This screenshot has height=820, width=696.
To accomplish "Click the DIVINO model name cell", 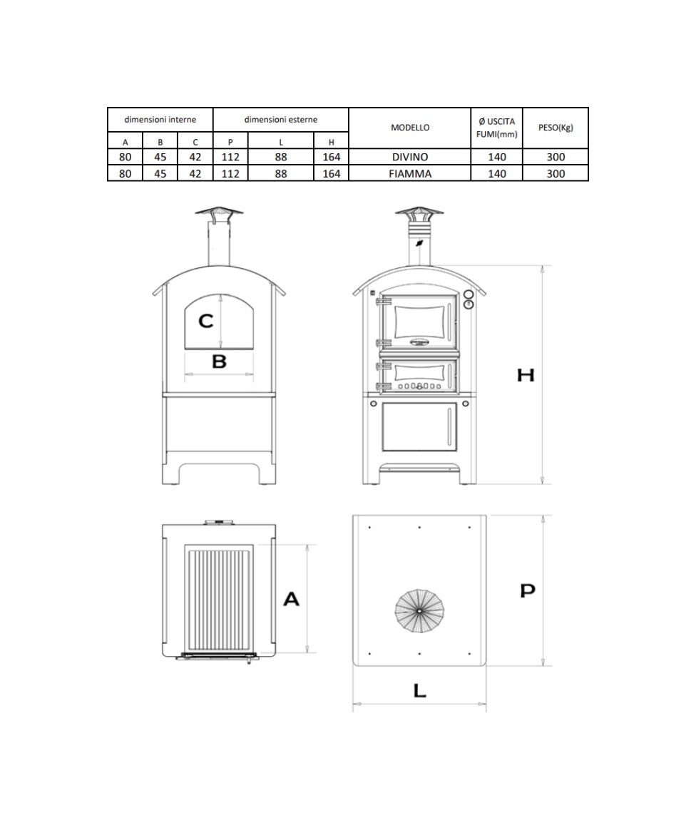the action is point(410,157).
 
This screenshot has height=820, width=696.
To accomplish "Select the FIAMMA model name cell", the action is point(410,173).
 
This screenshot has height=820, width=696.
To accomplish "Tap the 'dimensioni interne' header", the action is point(160,120).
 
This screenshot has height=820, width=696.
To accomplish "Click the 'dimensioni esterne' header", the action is point(281,120).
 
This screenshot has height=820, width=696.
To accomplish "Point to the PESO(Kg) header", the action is point(556,128).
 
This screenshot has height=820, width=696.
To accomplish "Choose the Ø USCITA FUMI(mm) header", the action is point(497,128).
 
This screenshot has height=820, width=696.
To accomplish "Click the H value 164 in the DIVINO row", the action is point(332,157).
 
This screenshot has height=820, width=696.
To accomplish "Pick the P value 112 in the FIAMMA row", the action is point(230,173).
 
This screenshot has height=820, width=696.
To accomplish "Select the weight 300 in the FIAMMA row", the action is point(556,173).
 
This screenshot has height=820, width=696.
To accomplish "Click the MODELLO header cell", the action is point(410,128).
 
